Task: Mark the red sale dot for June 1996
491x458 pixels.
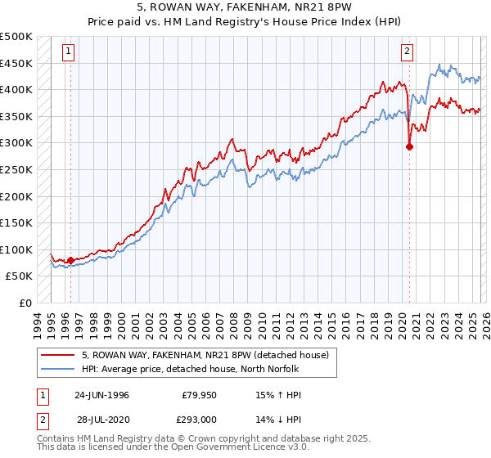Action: pyautogui.click(x=70, y=260)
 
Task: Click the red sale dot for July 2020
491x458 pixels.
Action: pyautogui.click(x=409, y=147)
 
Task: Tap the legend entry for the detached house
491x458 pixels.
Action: pyautogui.click(x=205, y=355)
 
